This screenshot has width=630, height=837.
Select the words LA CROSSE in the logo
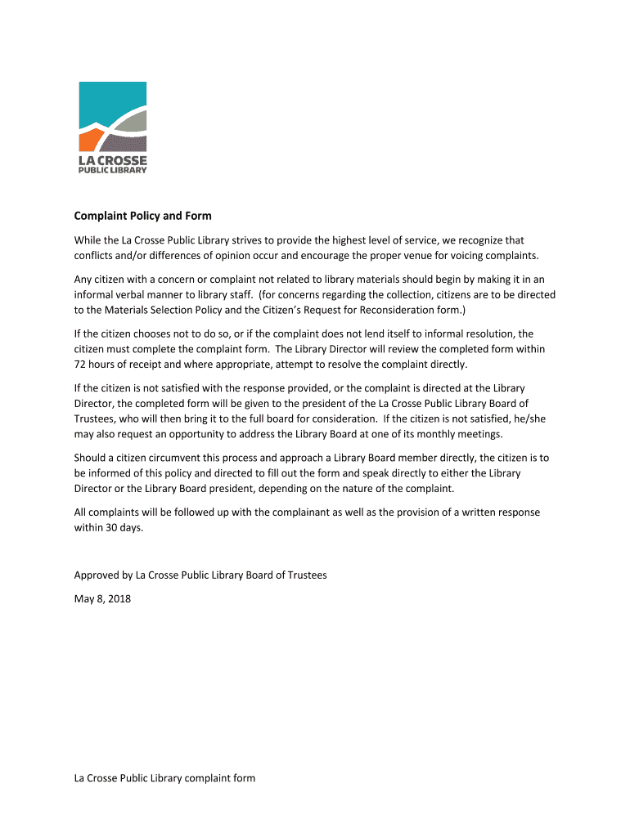[113, 160]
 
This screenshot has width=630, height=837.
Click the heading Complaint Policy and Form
[143, 216]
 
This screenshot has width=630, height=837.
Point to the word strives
[252, 240]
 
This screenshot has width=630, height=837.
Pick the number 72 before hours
[80, 364]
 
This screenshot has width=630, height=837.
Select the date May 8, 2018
[102, 598]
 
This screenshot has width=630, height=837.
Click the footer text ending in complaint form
[164, 778]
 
